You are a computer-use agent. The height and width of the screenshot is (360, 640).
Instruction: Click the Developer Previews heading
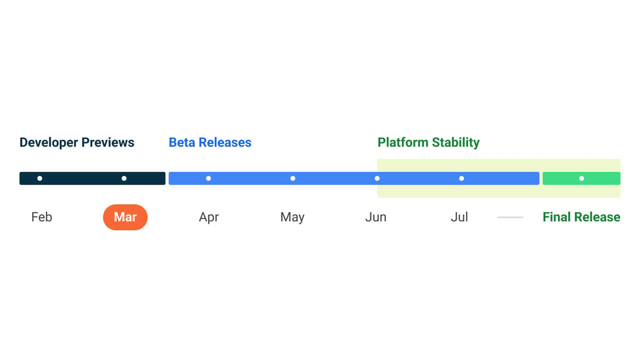pyautogui.click(x=77, y=142)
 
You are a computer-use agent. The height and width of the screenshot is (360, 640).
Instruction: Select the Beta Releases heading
pyautogui.click(x=210, y=142)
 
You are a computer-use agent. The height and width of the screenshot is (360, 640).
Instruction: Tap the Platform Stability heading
pyautogui.click(x=428, y=142)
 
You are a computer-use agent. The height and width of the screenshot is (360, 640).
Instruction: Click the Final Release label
pyautogui.click(x=581, y=217)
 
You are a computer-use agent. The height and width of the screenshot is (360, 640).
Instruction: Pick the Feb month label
pyautogui.click(x=41, y=217)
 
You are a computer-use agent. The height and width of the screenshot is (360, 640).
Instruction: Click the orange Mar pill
pyautogui.click(x=125, y=217)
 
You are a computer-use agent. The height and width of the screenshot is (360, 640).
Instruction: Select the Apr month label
pyautogui.click(x=209, y=217)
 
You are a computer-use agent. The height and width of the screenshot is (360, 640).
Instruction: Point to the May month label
pyautogui.click(x=292, y=217)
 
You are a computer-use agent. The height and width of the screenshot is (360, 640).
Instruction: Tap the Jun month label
pyautogui.click(x=376, y=217)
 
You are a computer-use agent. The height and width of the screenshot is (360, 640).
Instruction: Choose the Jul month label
pyautogui.click(x=459, y=217)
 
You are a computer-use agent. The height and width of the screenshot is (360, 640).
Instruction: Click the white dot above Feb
pyautogui.click(x=39, y=178)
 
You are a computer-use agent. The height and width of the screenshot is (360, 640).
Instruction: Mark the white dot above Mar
pyautogui.click(x=124, y=178)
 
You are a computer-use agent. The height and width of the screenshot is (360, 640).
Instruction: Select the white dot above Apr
pyautogui.click(x=208, y=178)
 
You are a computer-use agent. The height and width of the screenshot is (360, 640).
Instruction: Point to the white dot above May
pyautogui.click(x=292, y=178)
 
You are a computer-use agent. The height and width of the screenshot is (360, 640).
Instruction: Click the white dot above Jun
pyautogui.click(x=377, y=178)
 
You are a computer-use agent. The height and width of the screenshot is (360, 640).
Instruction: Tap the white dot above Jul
pyautogui.click(x=461, y=178)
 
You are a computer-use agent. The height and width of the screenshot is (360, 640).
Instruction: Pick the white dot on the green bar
pyautogui.click(x=581, y=178)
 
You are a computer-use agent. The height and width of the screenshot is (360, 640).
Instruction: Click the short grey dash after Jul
pyautogui.click(x=510, y=217)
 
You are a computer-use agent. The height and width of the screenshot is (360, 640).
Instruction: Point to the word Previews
pyautogui.click(x=108, y=142)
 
